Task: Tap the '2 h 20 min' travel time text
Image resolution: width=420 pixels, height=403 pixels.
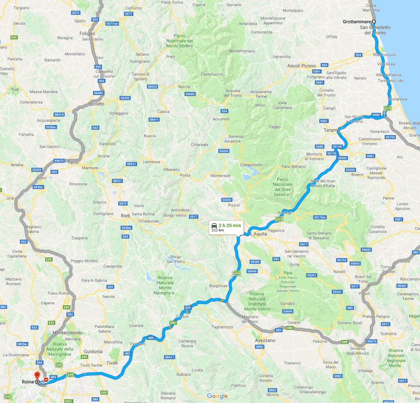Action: [230, 225]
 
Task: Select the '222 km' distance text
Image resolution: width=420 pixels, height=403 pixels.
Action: [217, 230]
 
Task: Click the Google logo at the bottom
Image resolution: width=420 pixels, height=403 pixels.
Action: [217, 396]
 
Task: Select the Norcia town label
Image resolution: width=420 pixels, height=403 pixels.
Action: [184, 86]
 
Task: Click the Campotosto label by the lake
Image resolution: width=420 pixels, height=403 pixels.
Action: [251, 164]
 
